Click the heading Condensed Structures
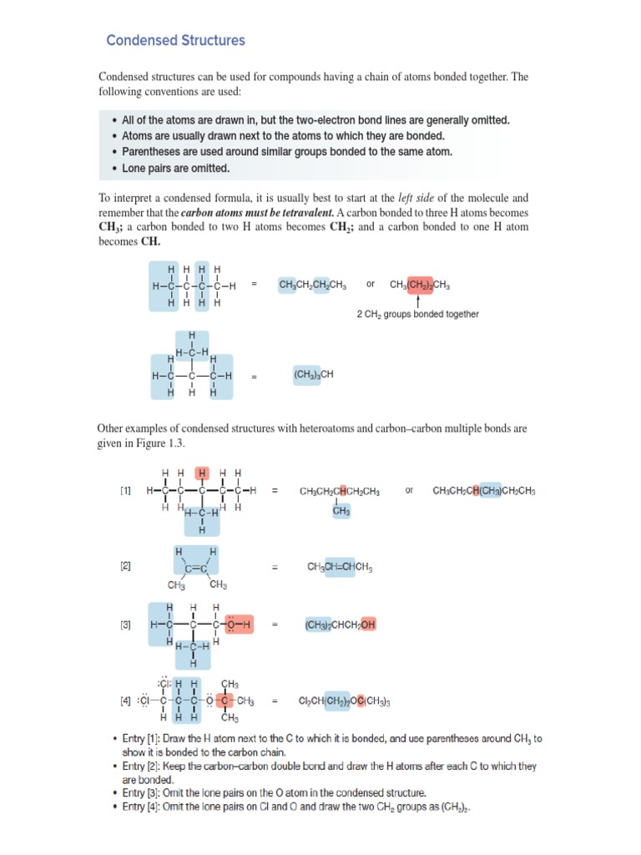coord(175,40)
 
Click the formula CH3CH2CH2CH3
coord(313,285)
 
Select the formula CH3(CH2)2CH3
coord(420,285)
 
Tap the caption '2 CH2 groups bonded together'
coord(417,314)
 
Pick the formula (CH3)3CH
coord(313,375)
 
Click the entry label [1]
coord(125,491)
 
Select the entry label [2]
coord(125,566)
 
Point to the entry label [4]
coord(125,701)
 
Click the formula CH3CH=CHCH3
coord(340,568)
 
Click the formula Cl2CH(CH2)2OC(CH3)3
coord(345,701)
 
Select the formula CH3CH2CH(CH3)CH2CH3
coord(484,491)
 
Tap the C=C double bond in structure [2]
coord(196,569)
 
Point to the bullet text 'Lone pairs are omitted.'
coord(175,168)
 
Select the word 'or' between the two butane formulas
coord(370,285)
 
